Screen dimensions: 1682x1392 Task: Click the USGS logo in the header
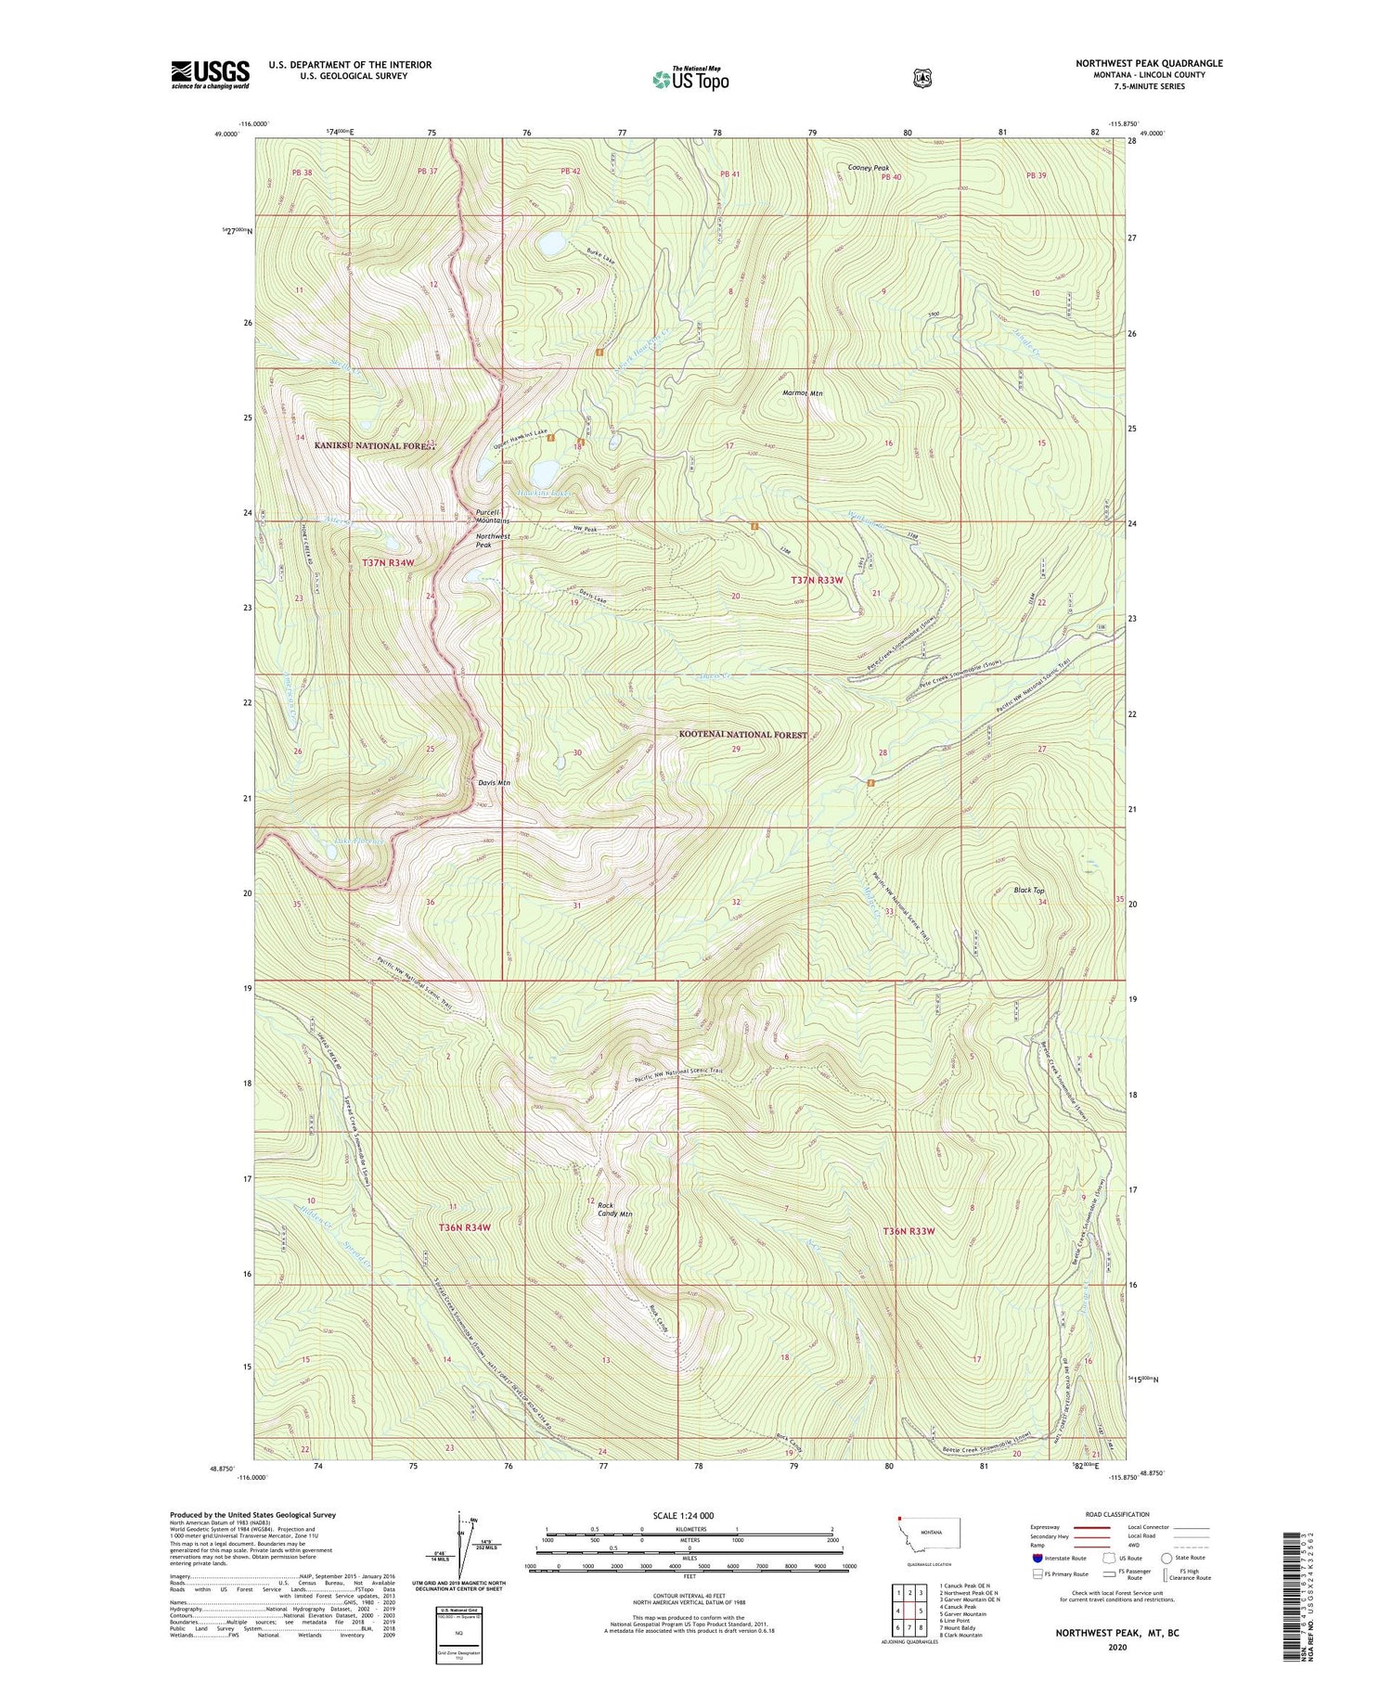click(x=210, y=74)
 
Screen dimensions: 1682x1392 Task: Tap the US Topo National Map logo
click(x=690, y=78)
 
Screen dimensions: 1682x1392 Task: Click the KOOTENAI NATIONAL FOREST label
click(x=739, y=735)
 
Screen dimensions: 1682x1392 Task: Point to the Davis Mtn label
click(x=494, y=783)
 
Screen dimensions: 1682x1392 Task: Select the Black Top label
click(x=1028, y=891)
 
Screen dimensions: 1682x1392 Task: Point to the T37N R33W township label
click(x=817, y=580)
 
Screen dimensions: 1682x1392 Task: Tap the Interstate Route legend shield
click(x=1038, y=1558)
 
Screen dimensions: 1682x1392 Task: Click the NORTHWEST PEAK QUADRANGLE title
click(x=1149, y=63)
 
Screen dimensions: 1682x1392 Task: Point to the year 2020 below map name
click(x=1116, y=1648)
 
